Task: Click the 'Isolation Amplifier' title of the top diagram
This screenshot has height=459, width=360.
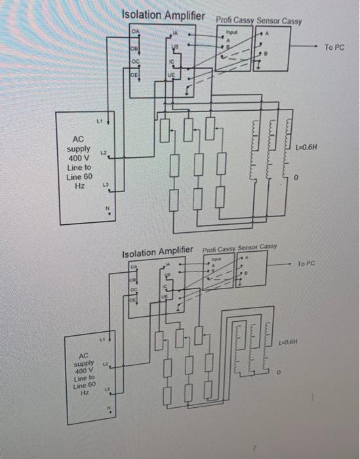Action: pos(163,15)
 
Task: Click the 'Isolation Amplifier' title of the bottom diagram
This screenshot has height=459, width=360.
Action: pos(158,251)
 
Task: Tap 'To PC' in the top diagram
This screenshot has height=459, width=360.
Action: pos(334,48)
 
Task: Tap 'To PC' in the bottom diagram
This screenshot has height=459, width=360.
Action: pos(306,264)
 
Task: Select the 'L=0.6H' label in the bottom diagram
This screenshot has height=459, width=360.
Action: pos(291,342)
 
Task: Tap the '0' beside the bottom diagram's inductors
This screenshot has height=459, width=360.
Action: pos(279,372)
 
